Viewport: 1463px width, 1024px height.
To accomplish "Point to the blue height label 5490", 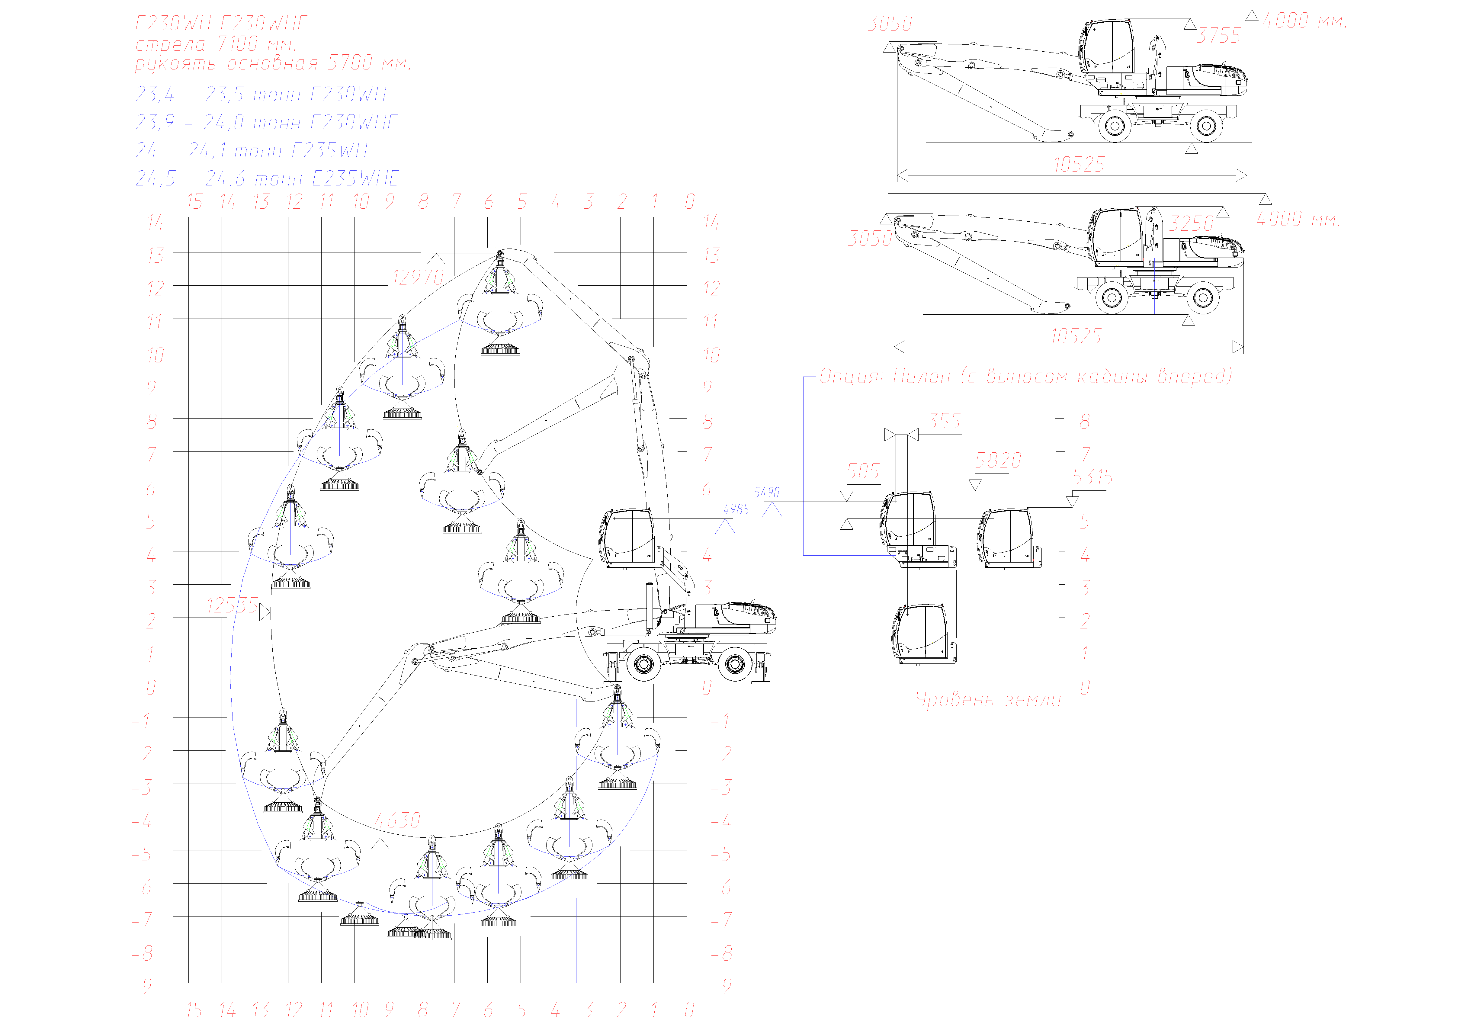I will [x=767, y=493].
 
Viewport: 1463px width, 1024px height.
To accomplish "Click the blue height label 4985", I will [x=736, y=510].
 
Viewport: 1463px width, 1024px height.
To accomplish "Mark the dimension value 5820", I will [x=998, y=460].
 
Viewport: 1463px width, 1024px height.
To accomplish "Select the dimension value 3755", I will [x=1218, y=36].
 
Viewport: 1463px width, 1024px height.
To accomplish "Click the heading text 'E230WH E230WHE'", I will [x=221, y=24].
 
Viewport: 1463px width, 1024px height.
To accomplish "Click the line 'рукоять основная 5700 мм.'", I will [x=273, y=64].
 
